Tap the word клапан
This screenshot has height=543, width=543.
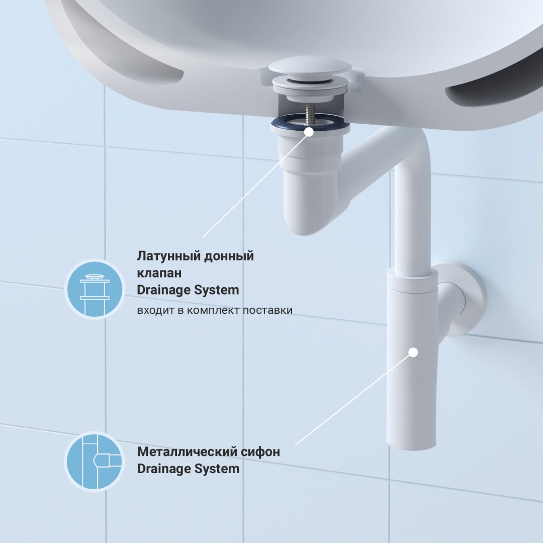(x=159, y=273)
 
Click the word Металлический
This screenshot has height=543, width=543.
(x=182, y=452)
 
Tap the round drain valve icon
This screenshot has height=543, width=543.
(x=95, y=289)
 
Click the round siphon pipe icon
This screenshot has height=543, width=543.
(x=95, y=461)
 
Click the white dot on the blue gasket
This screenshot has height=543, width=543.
(x=309, y=132)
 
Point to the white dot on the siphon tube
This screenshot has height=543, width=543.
(x=413, y=352)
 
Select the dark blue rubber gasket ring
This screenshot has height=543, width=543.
(x=310, y=122)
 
